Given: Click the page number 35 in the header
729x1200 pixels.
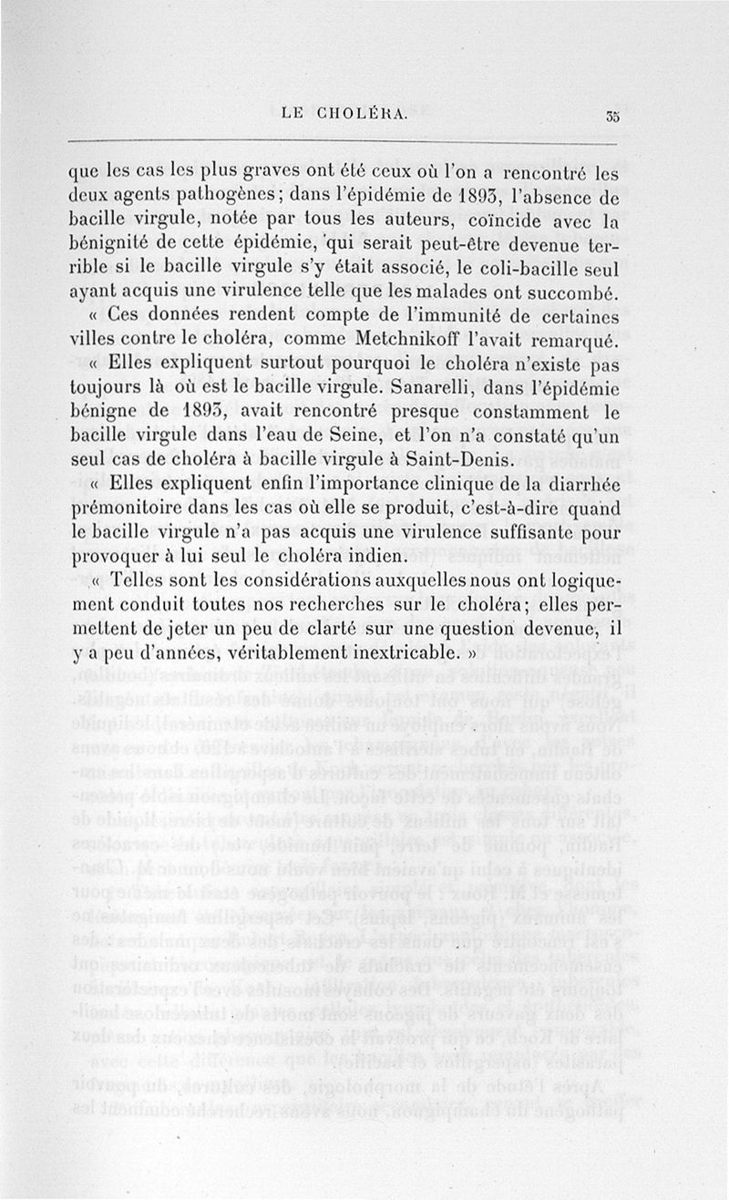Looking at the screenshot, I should coord(611,115).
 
